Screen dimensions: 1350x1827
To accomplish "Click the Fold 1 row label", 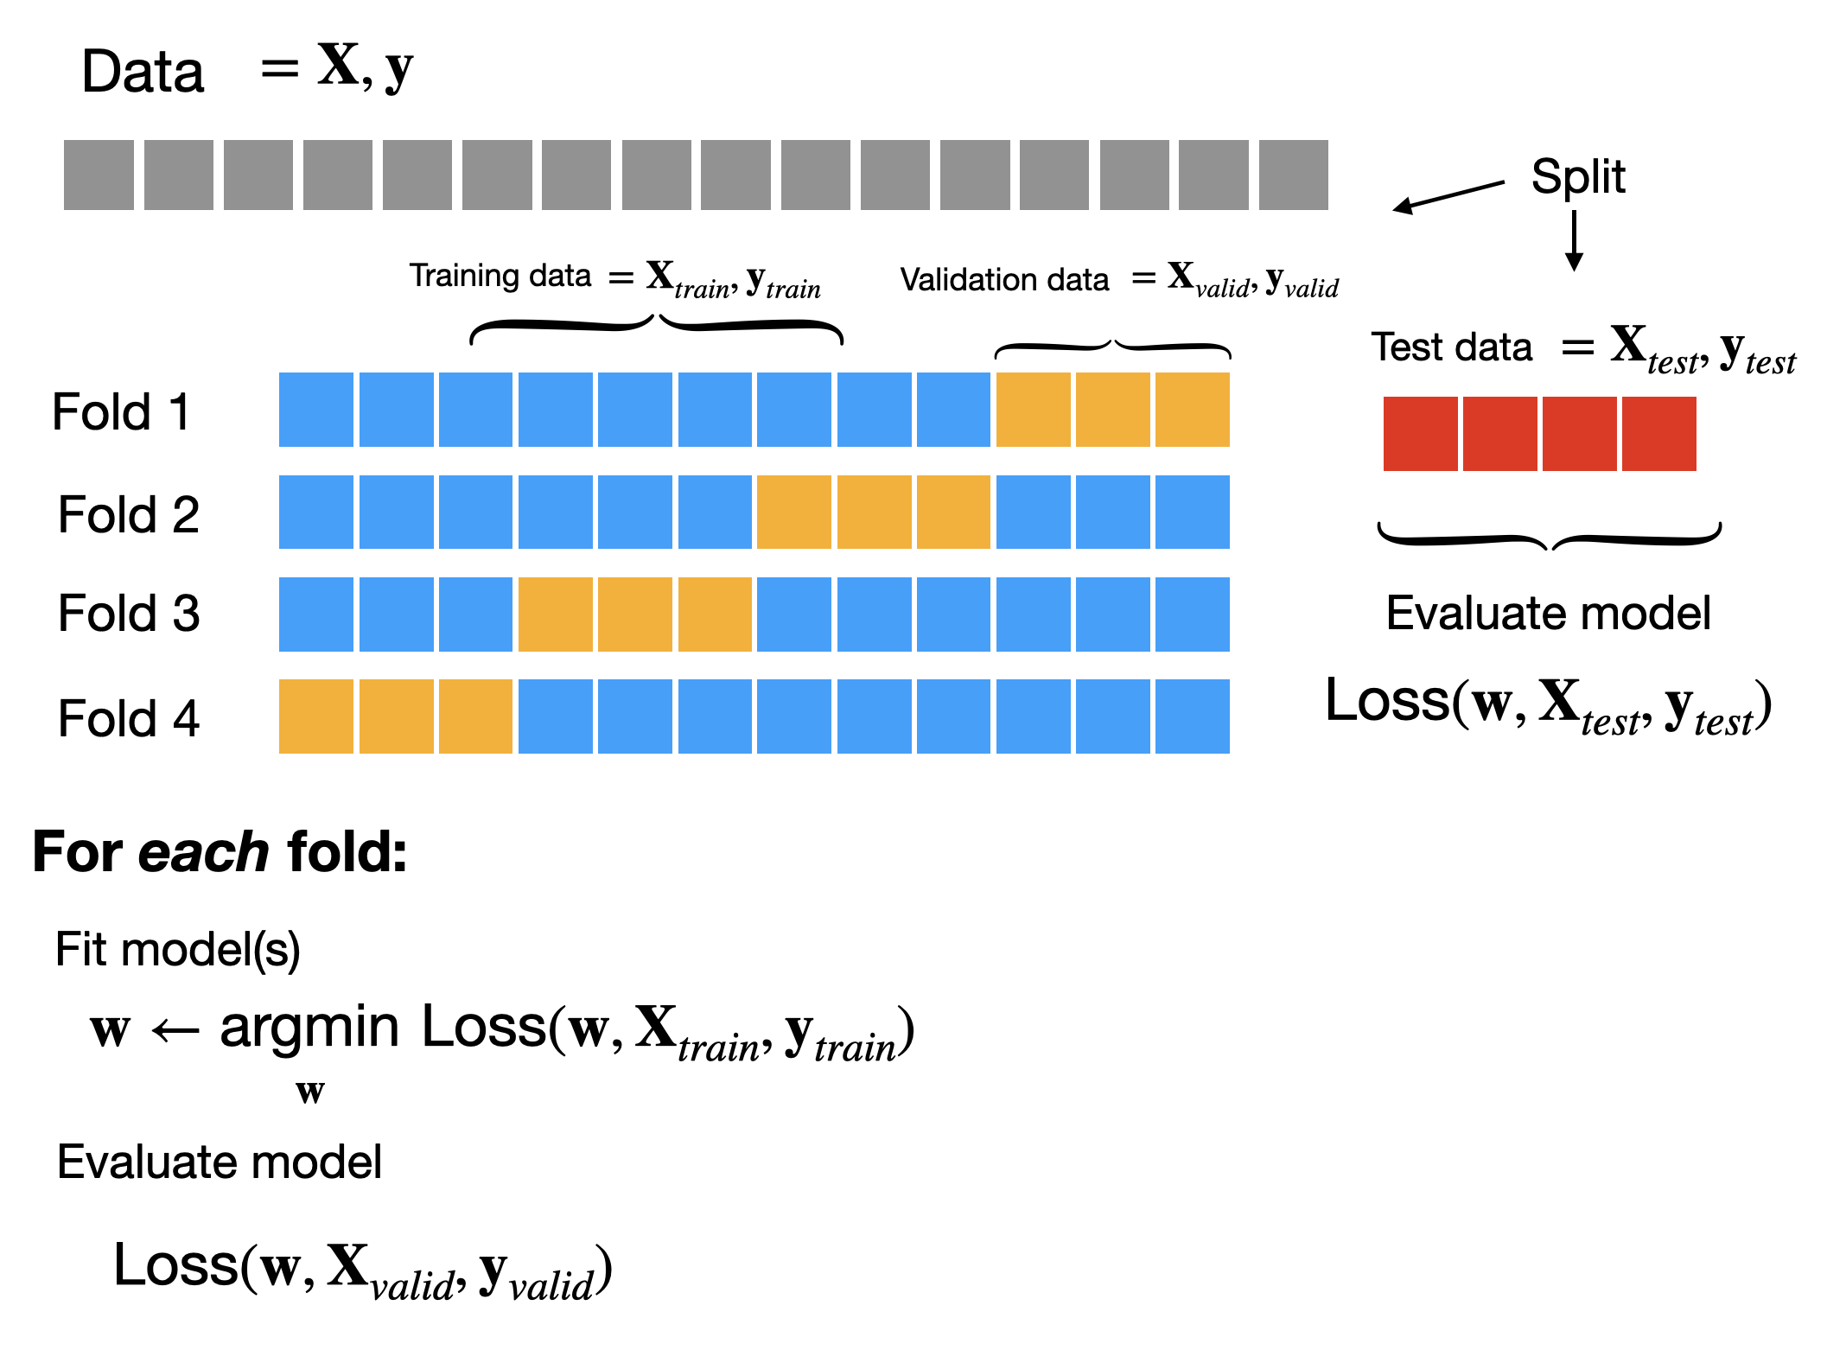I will click(x=120, y=411).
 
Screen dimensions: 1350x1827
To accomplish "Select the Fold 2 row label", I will click(x=128, y=514).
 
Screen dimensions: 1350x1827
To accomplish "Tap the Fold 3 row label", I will click(x=128, y=614).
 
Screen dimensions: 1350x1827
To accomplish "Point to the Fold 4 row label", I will click(x=128, y=718).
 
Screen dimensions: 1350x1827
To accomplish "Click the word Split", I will click(x=1577, y=176).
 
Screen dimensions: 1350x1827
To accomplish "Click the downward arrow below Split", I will click(x=1574, y=241).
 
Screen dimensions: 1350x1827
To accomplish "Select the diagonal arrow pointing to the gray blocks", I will click(x=1448, y=195).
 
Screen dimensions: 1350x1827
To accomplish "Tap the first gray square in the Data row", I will click(x=99, y=175).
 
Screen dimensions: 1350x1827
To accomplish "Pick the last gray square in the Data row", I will click(x=1293, y=175).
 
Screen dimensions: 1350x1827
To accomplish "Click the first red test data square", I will click(x=1420, y=434).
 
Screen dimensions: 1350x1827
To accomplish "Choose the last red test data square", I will click(x=1658, y=434).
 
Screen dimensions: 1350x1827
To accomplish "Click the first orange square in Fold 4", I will click(x=316, y=716).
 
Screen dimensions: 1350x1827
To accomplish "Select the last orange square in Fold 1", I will click(x=1192, y=410).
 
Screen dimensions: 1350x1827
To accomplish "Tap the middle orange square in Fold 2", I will click(x=874, y=512).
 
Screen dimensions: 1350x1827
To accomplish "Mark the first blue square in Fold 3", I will click(x=316, y=615).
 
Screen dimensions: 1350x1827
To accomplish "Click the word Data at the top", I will click(x=143, y=72).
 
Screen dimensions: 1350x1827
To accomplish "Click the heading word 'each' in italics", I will click(x=203, y=852).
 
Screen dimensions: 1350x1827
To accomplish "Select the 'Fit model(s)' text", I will click(x=177, y=950).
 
